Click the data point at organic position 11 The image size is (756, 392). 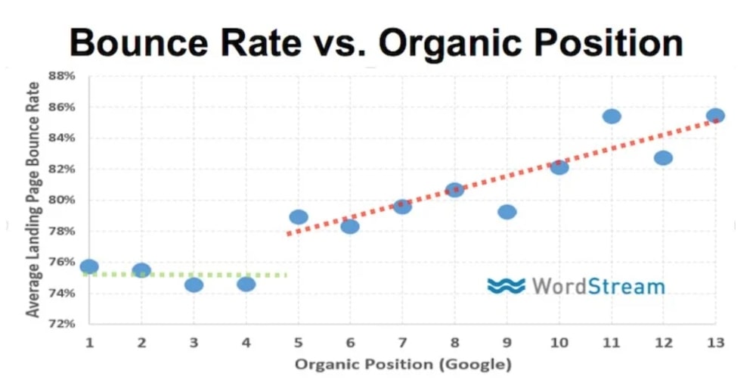tap(612, 117)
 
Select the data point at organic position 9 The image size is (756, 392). tap(507, 212)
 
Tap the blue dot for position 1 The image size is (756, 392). tap(89, 266)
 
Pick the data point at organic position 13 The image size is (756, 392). tap(715, 116)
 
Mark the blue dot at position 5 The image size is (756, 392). tap(299, 217)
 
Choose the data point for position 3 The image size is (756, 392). tap(194, 285)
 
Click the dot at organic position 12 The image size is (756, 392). tap(663, 157)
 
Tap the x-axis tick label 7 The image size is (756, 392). tap(402, 343)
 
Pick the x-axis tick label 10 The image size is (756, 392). tap(559, 343)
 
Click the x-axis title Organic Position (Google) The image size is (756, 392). tap(403, 365)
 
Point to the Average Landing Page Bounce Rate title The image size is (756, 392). tap(33, 200)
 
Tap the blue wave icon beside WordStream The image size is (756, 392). tap(506, 286)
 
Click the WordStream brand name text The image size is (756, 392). tap(598, 286)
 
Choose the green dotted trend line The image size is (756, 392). tap(189, 274)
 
